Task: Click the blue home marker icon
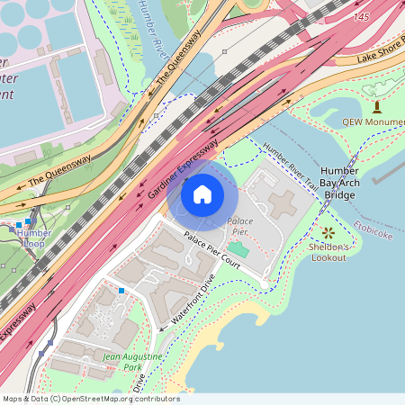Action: pyautogui.click(x=202, y=193)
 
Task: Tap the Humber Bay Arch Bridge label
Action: pyautogui.click(x=339, y=183)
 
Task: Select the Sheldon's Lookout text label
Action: pyautogui.click(x=328, y=252)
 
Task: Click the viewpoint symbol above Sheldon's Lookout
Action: pyautogui.click(x=328, y=232)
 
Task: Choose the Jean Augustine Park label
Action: pyautogui.click(x=132, y=362)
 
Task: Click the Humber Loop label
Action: pyautogui.click(x=34, y=238)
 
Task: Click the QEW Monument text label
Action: pyautogui.click(x=372, y=121)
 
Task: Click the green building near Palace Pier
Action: pyautogui.click(x=237, y=247)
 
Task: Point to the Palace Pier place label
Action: pyautogui.click(x=240, y=225)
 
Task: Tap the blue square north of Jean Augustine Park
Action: pyautogui.click(x=121, y=290)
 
